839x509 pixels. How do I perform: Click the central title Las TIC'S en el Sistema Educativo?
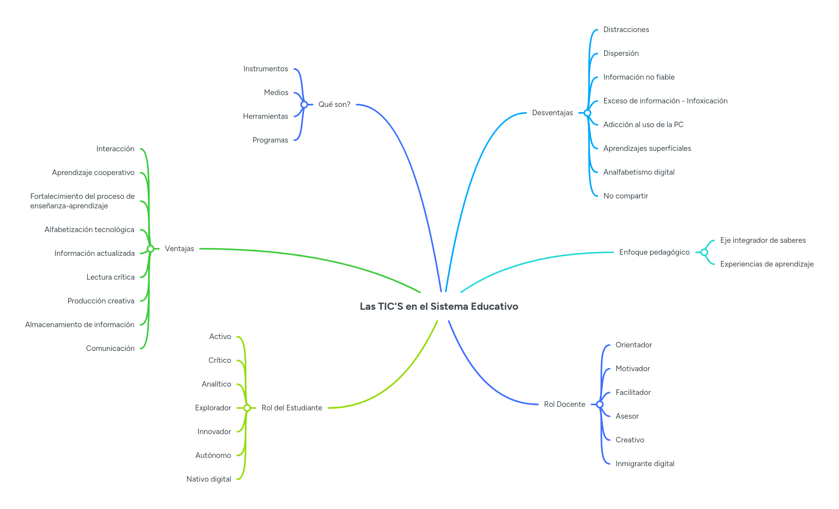pyautogui.click(x=439, y=307)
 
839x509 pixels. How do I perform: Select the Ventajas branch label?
pyautogui.click(x=179, y=249)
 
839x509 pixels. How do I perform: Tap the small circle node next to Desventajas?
pyautogui.click(x=587, y=113)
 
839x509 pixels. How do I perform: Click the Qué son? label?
pyautogui.click(x=334, y=105)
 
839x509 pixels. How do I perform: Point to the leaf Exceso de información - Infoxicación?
pyautogui.click(x=665, y=101)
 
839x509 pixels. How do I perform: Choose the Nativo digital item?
pyautogui.click(x=209, y=479)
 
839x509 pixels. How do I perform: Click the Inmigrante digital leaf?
pyautogui.click(x=645, y=464)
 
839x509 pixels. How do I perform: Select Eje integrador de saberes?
pyautogui.click(x=763, y=240)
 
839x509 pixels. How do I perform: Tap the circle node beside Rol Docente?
pyautogui.click(x=600, y=404)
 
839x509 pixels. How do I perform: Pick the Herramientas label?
pyautogui.click(x=265, y=116)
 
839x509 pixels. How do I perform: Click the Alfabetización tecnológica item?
pyautogui.click(x=89, y=230)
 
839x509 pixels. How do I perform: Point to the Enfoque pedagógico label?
pyautogui.click(x=654, y=252)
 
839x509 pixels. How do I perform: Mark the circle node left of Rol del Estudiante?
pyautogui.click(x=247, y=408)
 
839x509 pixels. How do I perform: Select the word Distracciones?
pyautogui.click(x=626, y=30)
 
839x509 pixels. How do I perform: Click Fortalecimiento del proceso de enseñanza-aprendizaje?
pyautogui.click(x=82, y=201)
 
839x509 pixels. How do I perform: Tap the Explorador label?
pyautogui.click(x=213, y=408)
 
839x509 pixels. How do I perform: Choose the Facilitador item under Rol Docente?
pyautogui.click(x=633, y=393)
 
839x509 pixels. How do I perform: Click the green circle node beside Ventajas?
pyautogui.click(x=151, y=249)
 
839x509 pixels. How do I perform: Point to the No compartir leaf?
pyautogui.click(x=625, y=196)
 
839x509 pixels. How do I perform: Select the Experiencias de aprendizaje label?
pyautogui.click(x=767, y=264)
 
